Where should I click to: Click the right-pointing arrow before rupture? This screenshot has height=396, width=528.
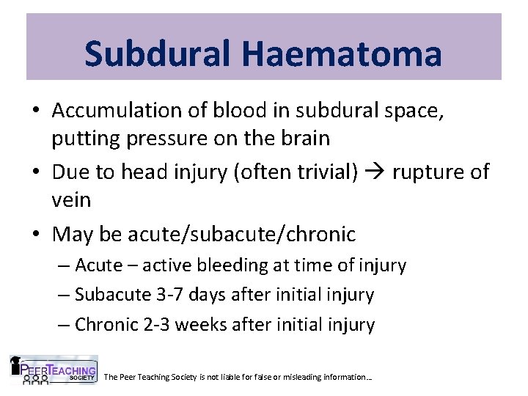pyautogui.click(x=377, y=173)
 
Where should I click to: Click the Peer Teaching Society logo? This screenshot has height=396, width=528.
pyautogui.click(x=52, y=370)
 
